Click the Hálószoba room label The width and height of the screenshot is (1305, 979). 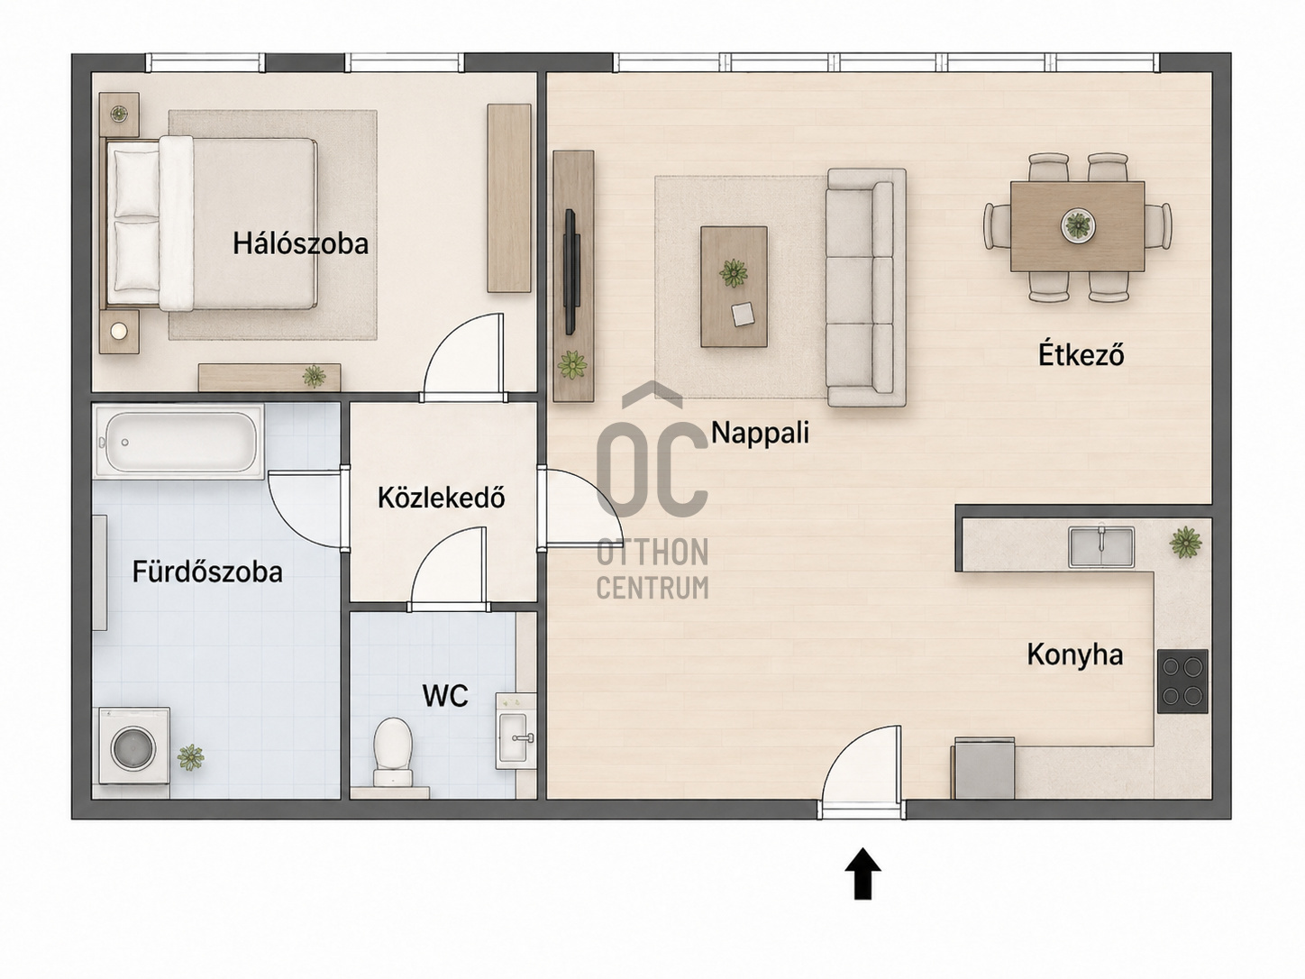[300, 243]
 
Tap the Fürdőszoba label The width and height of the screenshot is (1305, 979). [207, 572]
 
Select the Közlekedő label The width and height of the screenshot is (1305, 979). [441, 498]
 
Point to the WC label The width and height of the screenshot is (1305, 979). [444, 695]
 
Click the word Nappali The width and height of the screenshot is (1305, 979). [760, 433]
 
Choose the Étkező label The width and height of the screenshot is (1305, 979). [1081, 354]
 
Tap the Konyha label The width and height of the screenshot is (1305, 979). [1075, 655]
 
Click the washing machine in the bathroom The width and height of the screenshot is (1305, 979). [134, 745]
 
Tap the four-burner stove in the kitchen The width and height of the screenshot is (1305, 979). [1182, 682]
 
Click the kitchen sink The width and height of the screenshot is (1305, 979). [1101, 546]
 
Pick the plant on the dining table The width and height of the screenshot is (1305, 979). [1078, 224]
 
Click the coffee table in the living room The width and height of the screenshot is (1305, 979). [734, 286]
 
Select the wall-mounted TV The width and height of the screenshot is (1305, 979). [570, 271]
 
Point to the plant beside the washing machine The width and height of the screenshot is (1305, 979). [190, 758]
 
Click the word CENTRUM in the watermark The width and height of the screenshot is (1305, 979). [652, 587]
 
